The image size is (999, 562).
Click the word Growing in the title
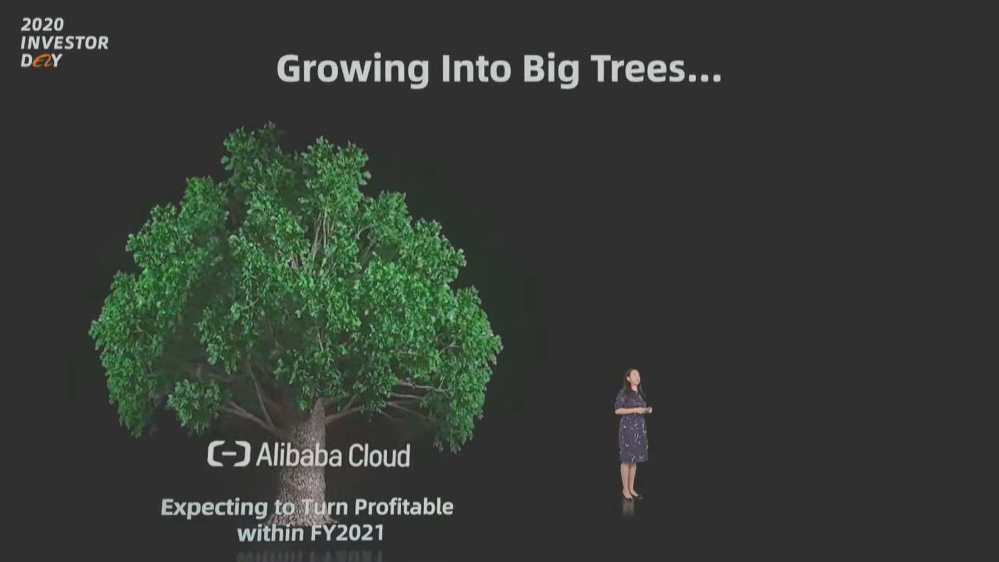(353, 70)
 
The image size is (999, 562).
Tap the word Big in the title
(551, 70)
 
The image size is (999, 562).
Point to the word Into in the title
(476, 69)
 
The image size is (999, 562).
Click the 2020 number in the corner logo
(42, 24)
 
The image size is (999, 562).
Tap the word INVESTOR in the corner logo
(65, 43)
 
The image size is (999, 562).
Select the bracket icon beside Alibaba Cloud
(229, 454)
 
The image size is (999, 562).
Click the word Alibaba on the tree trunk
(299, 455)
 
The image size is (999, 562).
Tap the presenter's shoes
(632, 496)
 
